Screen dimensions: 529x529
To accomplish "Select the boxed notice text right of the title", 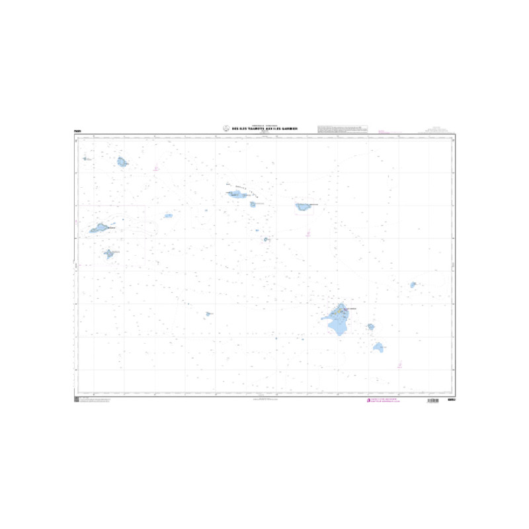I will (x=342, y=128).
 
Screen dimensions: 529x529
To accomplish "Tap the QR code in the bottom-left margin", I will (x=75, y=399).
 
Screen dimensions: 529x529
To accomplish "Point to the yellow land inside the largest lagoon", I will (x=341, y=309).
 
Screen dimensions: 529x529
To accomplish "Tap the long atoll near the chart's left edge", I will (x=100, y=228).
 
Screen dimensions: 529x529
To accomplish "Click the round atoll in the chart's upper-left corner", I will (x=122, y=161).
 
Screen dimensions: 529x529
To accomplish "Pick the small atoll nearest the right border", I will (x=413, y=285).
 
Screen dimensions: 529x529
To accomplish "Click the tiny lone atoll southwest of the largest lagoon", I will (x=208, y=314).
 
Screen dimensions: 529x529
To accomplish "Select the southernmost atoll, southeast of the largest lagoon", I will (x=379, y=346).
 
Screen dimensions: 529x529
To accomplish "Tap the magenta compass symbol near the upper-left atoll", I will (x=156, y=169).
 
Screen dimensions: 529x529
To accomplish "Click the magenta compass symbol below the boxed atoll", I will (x=308, y=233).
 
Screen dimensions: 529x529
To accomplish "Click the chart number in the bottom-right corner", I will (x=451, y=399).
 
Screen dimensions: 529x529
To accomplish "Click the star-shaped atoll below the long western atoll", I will (x=109, y=253).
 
